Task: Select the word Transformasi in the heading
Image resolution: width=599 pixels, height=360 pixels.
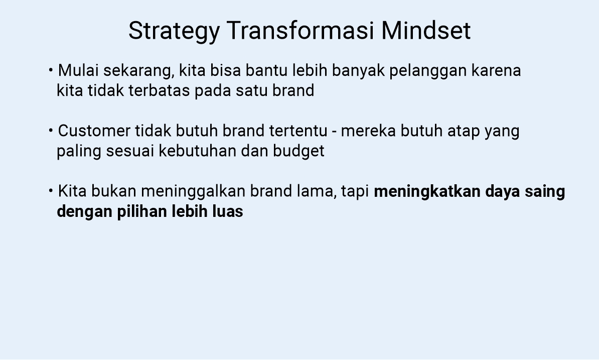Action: [300, 31]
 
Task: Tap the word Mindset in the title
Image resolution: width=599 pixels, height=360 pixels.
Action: [426, 31]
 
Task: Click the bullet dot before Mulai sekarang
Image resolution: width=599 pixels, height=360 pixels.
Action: [51, 70]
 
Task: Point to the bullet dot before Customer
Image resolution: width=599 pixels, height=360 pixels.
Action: [51, 131]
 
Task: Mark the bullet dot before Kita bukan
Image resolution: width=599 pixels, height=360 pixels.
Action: [51, 191]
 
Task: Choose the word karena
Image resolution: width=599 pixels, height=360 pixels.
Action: [496, 71]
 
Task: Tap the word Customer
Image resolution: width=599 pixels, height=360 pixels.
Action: [94, 131]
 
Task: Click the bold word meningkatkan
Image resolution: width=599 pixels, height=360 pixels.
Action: [427, 192]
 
